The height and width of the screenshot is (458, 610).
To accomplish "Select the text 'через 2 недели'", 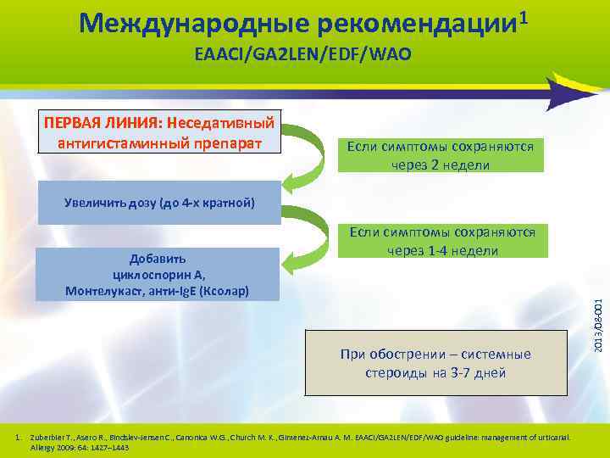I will click(441, 164).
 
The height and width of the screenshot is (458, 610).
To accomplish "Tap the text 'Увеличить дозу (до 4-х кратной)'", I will click(158, 204).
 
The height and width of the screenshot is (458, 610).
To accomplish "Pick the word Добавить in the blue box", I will click(158, 258).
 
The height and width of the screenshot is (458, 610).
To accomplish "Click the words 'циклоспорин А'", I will click(158, 275).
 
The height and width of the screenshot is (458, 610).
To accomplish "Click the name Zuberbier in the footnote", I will click(48, 437).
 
